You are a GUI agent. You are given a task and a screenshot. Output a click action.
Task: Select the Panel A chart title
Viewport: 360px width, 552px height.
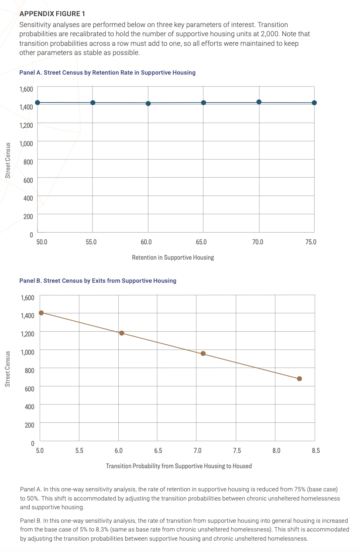(x=107, y=72)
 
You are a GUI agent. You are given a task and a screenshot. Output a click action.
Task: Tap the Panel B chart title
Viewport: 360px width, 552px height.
(x=98, y=281)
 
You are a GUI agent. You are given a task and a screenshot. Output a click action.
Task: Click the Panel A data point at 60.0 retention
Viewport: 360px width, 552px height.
(x=148, y=103)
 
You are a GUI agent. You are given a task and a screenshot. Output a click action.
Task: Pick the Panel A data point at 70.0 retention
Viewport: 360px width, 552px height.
(x=259, y=102)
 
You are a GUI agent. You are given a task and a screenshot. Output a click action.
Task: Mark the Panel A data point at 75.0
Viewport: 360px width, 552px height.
(x=314, y=103)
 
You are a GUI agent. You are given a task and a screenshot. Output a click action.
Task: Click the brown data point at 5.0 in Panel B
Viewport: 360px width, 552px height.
(x=41, y=312)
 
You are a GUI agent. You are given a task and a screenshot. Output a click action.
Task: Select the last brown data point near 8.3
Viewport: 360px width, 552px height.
(x=299, y=379)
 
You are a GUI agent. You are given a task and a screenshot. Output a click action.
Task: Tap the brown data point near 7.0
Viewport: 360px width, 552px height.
(x=203, y=353)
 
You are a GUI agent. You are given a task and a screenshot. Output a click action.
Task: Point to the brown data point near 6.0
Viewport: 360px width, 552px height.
(x=122, y=333)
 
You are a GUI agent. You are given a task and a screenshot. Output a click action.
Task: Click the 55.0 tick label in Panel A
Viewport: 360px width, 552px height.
(x=91, y=241)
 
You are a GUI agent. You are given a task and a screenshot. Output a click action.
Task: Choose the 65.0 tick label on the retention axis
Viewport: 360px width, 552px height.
(x=202, y=241)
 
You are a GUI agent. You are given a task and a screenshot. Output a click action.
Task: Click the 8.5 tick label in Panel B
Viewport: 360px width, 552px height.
(x=315, y=450)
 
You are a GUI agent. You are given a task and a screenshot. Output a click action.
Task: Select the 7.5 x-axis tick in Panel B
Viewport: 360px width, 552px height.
(x=237, y=450)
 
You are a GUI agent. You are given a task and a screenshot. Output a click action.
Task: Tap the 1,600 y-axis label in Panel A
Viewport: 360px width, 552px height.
(x=27, y=89)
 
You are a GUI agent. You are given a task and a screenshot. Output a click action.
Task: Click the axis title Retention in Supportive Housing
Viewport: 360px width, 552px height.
(x=173, y=257)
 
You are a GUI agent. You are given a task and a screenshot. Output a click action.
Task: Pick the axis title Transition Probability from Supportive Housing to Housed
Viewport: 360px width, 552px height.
(x=179, y=466)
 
